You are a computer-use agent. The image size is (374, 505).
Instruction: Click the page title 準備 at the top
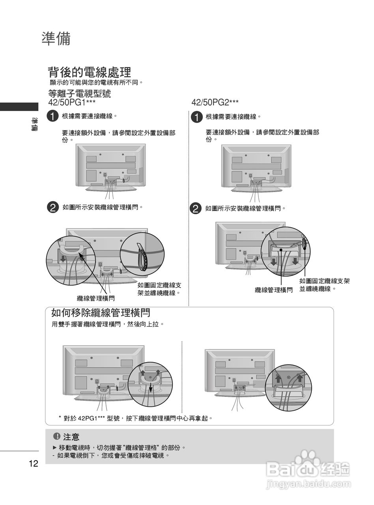point(56,39)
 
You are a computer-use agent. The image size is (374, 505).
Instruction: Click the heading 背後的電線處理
point(89,72)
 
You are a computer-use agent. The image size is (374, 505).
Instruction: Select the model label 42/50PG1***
point(72,103)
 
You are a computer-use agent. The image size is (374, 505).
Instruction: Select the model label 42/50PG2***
point(215,103)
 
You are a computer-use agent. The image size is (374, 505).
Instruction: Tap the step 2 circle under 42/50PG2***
point(195,209)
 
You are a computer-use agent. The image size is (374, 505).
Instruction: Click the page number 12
point(34,464)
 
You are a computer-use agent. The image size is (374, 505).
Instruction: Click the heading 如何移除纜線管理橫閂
point(101,313)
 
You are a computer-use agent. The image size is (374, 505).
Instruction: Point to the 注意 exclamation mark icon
point(56,436)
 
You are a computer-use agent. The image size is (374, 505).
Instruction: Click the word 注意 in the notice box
point(71,437)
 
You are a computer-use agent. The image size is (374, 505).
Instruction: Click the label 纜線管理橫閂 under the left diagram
point(95,298)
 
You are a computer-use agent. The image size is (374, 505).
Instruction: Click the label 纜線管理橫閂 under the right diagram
point(274,290)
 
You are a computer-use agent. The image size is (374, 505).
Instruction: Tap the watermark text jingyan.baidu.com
point(308,484)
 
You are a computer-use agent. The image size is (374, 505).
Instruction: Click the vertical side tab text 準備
point(35,125)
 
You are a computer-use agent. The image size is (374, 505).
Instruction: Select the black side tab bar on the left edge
point(19,107)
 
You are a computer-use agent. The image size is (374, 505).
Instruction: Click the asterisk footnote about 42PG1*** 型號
point(135,418)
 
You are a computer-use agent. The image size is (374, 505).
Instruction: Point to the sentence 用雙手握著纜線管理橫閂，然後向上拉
point(107,324)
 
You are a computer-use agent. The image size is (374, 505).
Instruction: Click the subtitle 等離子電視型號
point(79,94)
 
